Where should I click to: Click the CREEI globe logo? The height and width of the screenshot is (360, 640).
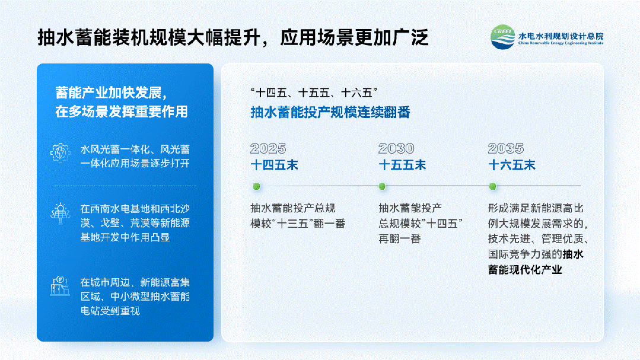[502, 37]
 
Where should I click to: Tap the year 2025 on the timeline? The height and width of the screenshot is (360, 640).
[268, 148]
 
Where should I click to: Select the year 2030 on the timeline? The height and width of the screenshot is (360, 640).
[396, 148]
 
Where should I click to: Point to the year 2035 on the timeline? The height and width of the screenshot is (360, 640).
[506, 148]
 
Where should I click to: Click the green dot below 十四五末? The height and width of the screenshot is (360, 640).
[256, 186]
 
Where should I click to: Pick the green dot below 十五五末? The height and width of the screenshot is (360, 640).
[382, 186]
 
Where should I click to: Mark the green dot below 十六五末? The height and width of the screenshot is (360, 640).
[493, 186]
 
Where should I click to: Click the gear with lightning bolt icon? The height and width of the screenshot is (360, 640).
[61, 153]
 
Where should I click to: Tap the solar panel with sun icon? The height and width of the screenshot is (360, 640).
[61, 213]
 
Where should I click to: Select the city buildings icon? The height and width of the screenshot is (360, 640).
[60, 286]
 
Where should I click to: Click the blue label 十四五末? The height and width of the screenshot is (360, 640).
[274, 165]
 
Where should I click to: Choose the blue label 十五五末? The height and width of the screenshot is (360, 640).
[403, 165]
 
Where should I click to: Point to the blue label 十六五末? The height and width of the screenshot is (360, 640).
[512, 165]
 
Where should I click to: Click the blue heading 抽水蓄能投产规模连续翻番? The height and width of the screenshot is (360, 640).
[330, 112]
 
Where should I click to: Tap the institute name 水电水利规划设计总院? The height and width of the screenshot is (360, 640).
[561, 36]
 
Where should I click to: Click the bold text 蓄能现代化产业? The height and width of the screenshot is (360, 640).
[526, 270]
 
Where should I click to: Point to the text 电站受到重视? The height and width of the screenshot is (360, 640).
[110, 311]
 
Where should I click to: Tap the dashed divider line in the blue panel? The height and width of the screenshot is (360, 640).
[125, 186]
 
